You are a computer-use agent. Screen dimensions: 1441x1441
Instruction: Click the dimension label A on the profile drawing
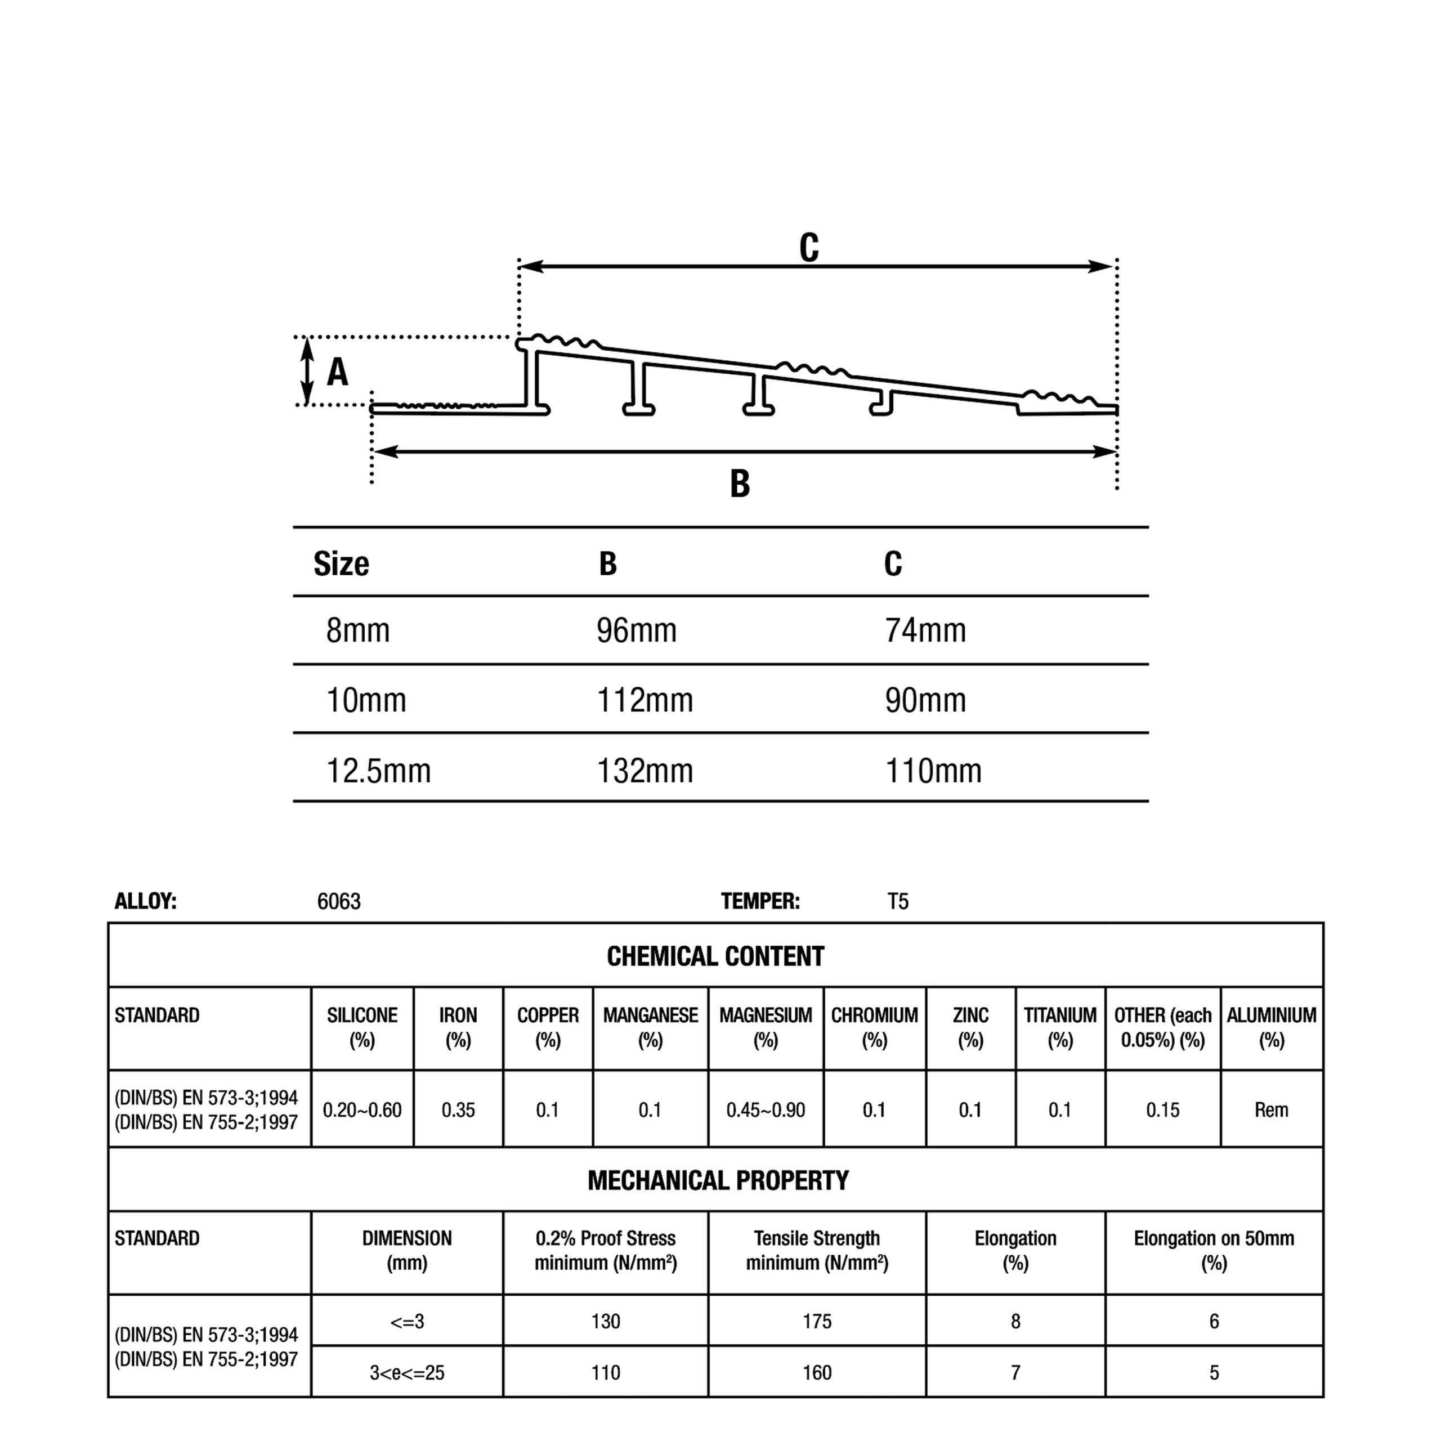(337, 372)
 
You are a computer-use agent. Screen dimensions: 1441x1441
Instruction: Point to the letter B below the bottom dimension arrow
(739, 484)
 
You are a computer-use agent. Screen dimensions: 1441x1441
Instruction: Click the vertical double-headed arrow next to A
(307, 372)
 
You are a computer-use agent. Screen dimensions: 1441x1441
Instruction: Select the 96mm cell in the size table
(636, 631)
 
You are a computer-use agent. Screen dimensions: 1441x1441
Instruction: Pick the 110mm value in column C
(933, 771)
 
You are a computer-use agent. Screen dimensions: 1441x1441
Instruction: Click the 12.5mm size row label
(379, 771)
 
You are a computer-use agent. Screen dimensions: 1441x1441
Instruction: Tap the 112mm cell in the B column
(645, 700)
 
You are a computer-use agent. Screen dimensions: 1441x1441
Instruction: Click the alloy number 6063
(339, 902)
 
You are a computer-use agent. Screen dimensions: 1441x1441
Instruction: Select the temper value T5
(898, 902)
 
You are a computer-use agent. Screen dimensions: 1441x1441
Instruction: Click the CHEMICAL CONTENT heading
(715, 956)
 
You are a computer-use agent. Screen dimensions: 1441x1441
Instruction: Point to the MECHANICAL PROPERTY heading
(718, 1180)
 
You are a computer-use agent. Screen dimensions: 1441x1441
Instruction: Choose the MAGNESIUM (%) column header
(766, 1028)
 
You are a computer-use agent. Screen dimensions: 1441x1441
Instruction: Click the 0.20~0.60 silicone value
(362, 1110)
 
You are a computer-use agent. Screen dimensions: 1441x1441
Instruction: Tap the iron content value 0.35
(458, 1110)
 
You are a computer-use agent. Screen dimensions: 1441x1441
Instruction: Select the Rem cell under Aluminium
(1271, 1110)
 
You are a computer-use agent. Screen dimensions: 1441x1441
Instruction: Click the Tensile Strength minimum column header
(817, 1250)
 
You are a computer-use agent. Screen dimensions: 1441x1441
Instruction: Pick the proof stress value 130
(605, 1322)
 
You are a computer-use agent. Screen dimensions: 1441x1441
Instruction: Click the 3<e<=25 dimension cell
(406, 1372)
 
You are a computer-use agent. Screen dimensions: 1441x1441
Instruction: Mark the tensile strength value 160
(817, 1372)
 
